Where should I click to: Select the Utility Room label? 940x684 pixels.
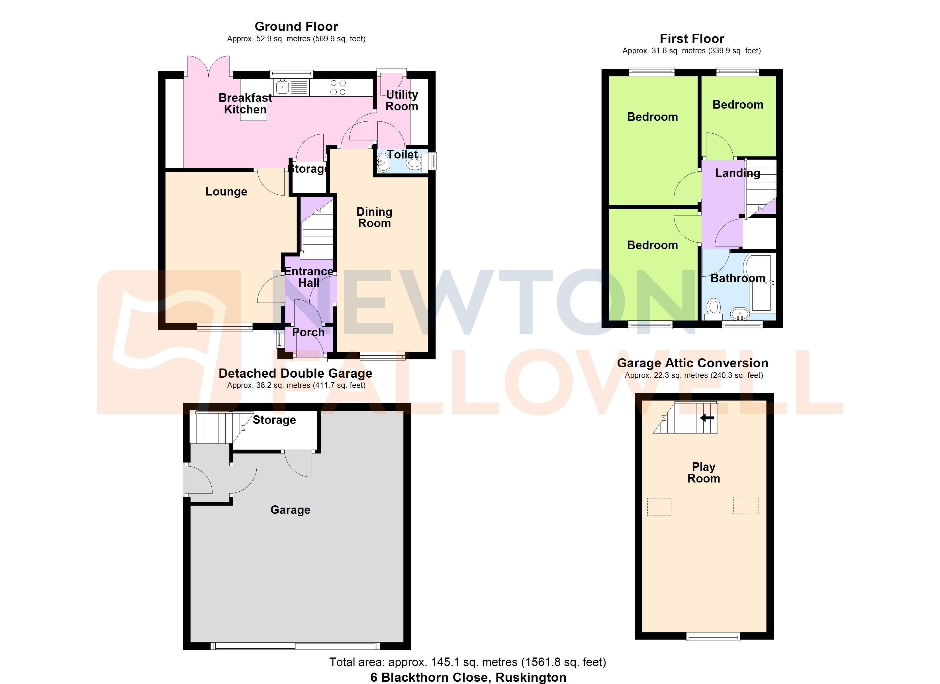402,100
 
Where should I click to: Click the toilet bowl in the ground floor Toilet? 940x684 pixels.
414,163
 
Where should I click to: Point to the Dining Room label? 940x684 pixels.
374,217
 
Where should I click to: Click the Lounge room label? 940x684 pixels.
226,192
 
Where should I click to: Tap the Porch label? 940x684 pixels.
308,332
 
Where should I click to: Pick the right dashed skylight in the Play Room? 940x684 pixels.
746,506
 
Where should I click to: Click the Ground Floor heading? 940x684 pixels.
296,27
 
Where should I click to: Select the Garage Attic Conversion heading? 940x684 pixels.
692,363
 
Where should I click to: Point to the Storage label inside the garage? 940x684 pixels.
274,420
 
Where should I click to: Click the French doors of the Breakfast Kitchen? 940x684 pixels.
208,66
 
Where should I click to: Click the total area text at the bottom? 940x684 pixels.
467,662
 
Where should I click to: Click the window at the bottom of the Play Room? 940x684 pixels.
713,637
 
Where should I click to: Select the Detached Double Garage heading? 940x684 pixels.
295,373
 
